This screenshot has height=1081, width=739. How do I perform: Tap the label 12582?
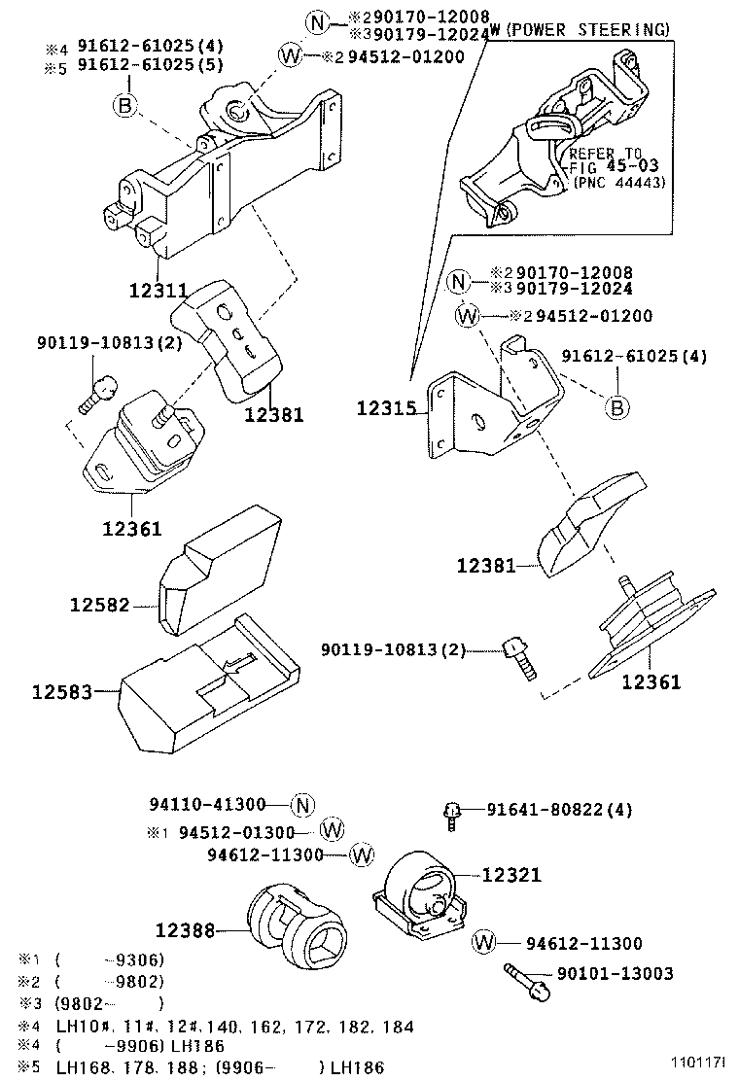point(99,605)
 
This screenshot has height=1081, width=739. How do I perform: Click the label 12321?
point(510,875)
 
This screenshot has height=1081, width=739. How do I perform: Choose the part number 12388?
point(185,930)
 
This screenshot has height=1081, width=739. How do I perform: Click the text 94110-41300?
point(207,805)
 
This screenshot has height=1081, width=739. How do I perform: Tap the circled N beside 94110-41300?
point(302,805)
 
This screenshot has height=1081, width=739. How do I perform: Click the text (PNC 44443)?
point(618,182)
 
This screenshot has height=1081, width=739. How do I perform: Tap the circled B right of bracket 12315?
point(617,407)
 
